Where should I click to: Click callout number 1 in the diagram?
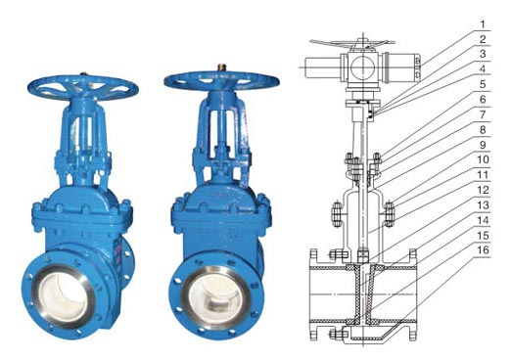(483, 23)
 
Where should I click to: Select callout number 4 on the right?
(483, 69)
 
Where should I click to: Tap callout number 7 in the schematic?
(483, 114)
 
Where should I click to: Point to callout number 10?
(483, 159)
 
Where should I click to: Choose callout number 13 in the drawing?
(483, 204)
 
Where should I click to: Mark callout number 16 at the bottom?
(483, 250)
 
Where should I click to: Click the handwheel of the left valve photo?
(83, 87)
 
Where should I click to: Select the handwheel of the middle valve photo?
(221, 80)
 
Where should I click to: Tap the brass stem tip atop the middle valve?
(221, 67)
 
